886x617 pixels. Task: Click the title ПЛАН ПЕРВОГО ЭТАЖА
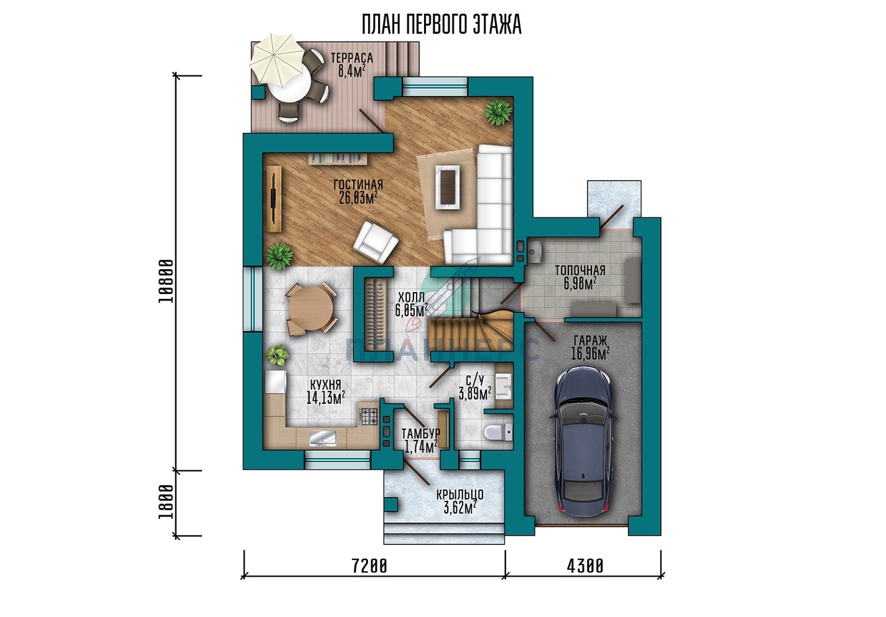point(442,25)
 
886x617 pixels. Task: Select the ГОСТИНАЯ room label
point(358,185)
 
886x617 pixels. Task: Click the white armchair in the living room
point(376,242)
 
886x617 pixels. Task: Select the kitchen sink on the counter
point(323,439)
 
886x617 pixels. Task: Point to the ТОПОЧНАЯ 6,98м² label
point(580,277)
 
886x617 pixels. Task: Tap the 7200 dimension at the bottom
point(369,566)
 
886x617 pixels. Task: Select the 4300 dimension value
point(586,566)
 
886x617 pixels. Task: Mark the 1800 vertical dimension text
point(166,503)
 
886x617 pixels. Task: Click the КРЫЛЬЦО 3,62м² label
point(459,501)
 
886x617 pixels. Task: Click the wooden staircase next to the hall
point(471,332)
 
